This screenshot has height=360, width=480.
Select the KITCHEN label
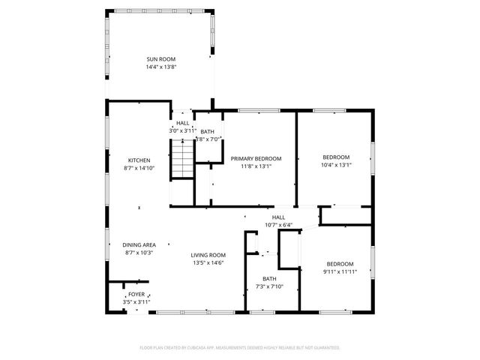(x=139, y=160)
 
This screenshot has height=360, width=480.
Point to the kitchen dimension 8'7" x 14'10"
(x=139, y=168)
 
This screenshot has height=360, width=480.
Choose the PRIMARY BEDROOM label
(x=256, y=158)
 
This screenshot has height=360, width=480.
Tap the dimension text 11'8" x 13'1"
(x=256, y=166)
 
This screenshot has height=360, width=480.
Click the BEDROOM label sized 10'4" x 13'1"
(x=335, y=157)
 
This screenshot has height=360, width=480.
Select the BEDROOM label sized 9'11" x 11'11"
(x=339, y=263)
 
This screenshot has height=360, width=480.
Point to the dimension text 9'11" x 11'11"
(x=339, y=271)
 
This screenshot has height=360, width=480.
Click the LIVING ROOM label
(x=208, y=254)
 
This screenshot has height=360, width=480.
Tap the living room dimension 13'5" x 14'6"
(x=208, y=262)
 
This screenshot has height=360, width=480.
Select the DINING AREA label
(x=139, y=245)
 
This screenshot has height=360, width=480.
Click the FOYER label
(x=136, y=294)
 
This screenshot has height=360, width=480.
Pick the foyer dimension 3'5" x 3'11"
(x=136, y=301)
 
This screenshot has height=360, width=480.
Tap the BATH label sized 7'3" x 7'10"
(x=268, y=278)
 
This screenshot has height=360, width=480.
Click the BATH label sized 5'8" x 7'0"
(x=206, y=132)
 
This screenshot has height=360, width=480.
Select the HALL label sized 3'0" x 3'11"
(x=182, y=123)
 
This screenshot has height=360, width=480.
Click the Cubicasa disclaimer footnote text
(x=240, y=348)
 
